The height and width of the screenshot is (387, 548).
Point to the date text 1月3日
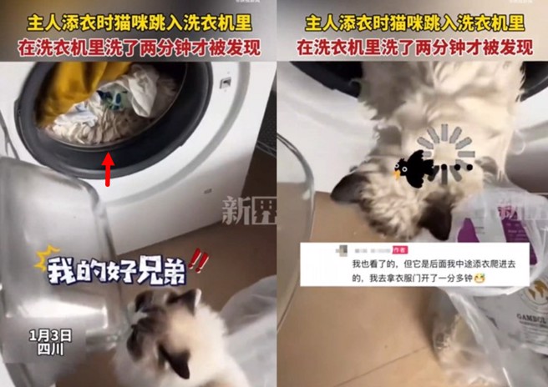tap(50, 335)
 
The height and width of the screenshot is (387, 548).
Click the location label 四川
tap(50, 351)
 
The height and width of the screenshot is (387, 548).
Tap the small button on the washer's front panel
tap(224, 83)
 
